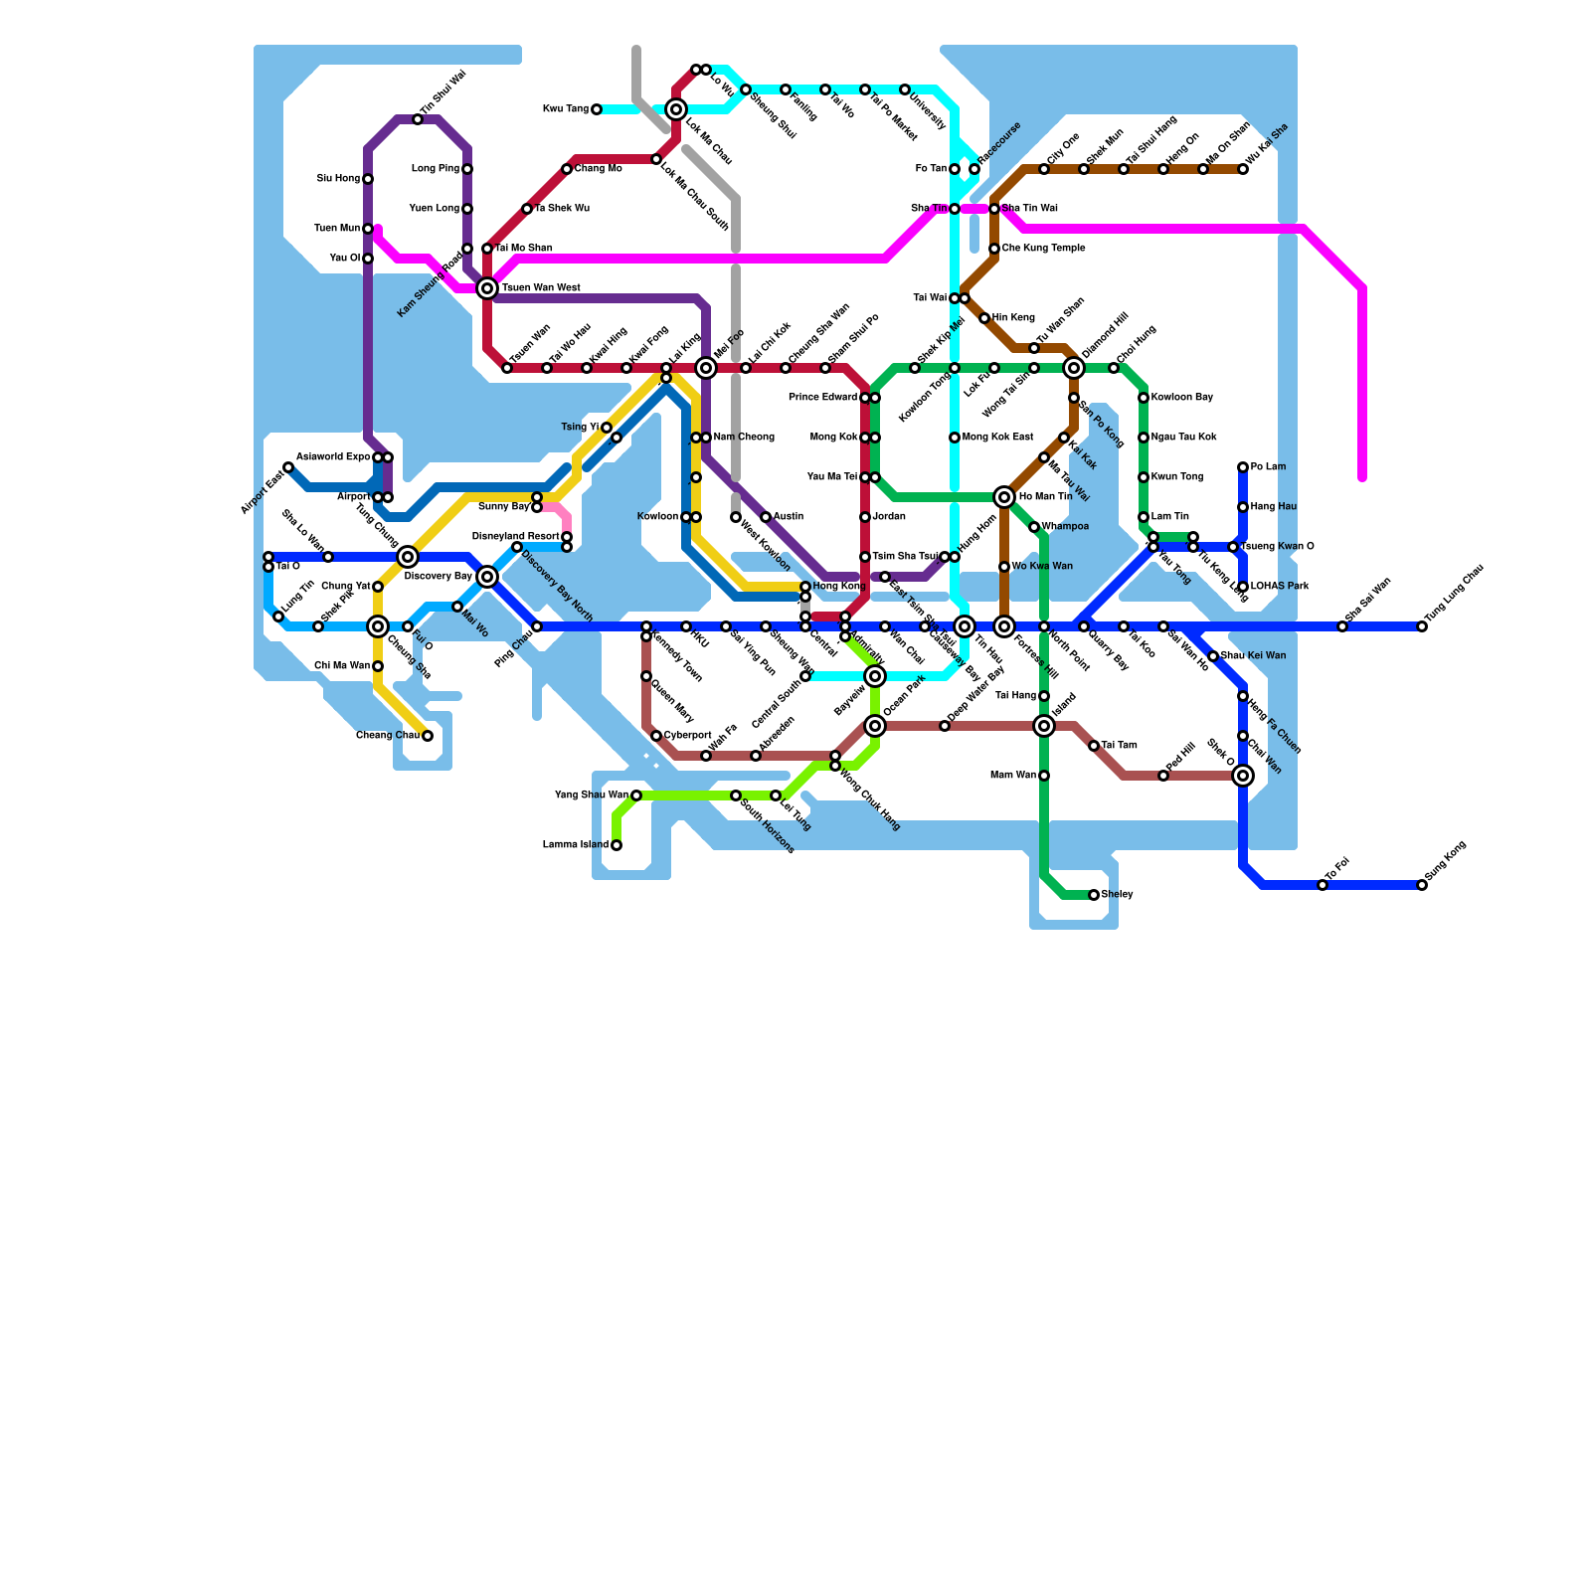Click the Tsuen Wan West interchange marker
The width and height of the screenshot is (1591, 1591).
487,288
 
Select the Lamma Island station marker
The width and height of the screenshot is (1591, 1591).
617,845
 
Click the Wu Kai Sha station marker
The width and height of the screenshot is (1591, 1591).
1243,169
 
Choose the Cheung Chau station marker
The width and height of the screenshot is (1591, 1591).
428,736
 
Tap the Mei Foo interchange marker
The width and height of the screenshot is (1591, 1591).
706,368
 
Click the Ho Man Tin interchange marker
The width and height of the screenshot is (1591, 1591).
1004,497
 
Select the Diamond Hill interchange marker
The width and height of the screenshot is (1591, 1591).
1074,368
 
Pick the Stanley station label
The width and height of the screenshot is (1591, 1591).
1118,895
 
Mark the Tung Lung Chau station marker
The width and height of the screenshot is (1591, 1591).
1422,626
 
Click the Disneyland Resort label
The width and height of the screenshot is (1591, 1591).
515,537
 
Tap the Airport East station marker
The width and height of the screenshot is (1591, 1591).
288,467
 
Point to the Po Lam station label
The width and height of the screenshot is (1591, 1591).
1268,467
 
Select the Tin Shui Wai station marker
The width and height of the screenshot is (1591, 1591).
418,119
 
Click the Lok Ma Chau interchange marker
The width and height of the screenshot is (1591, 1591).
676,109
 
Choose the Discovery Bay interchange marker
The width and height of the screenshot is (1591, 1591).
487,577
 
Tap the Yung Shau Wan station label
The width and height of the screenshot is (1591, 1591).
591,795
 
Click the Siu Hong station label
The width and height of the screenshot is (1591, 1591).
338,179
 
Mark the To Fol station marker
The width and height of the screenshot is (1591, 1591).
1323,885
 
